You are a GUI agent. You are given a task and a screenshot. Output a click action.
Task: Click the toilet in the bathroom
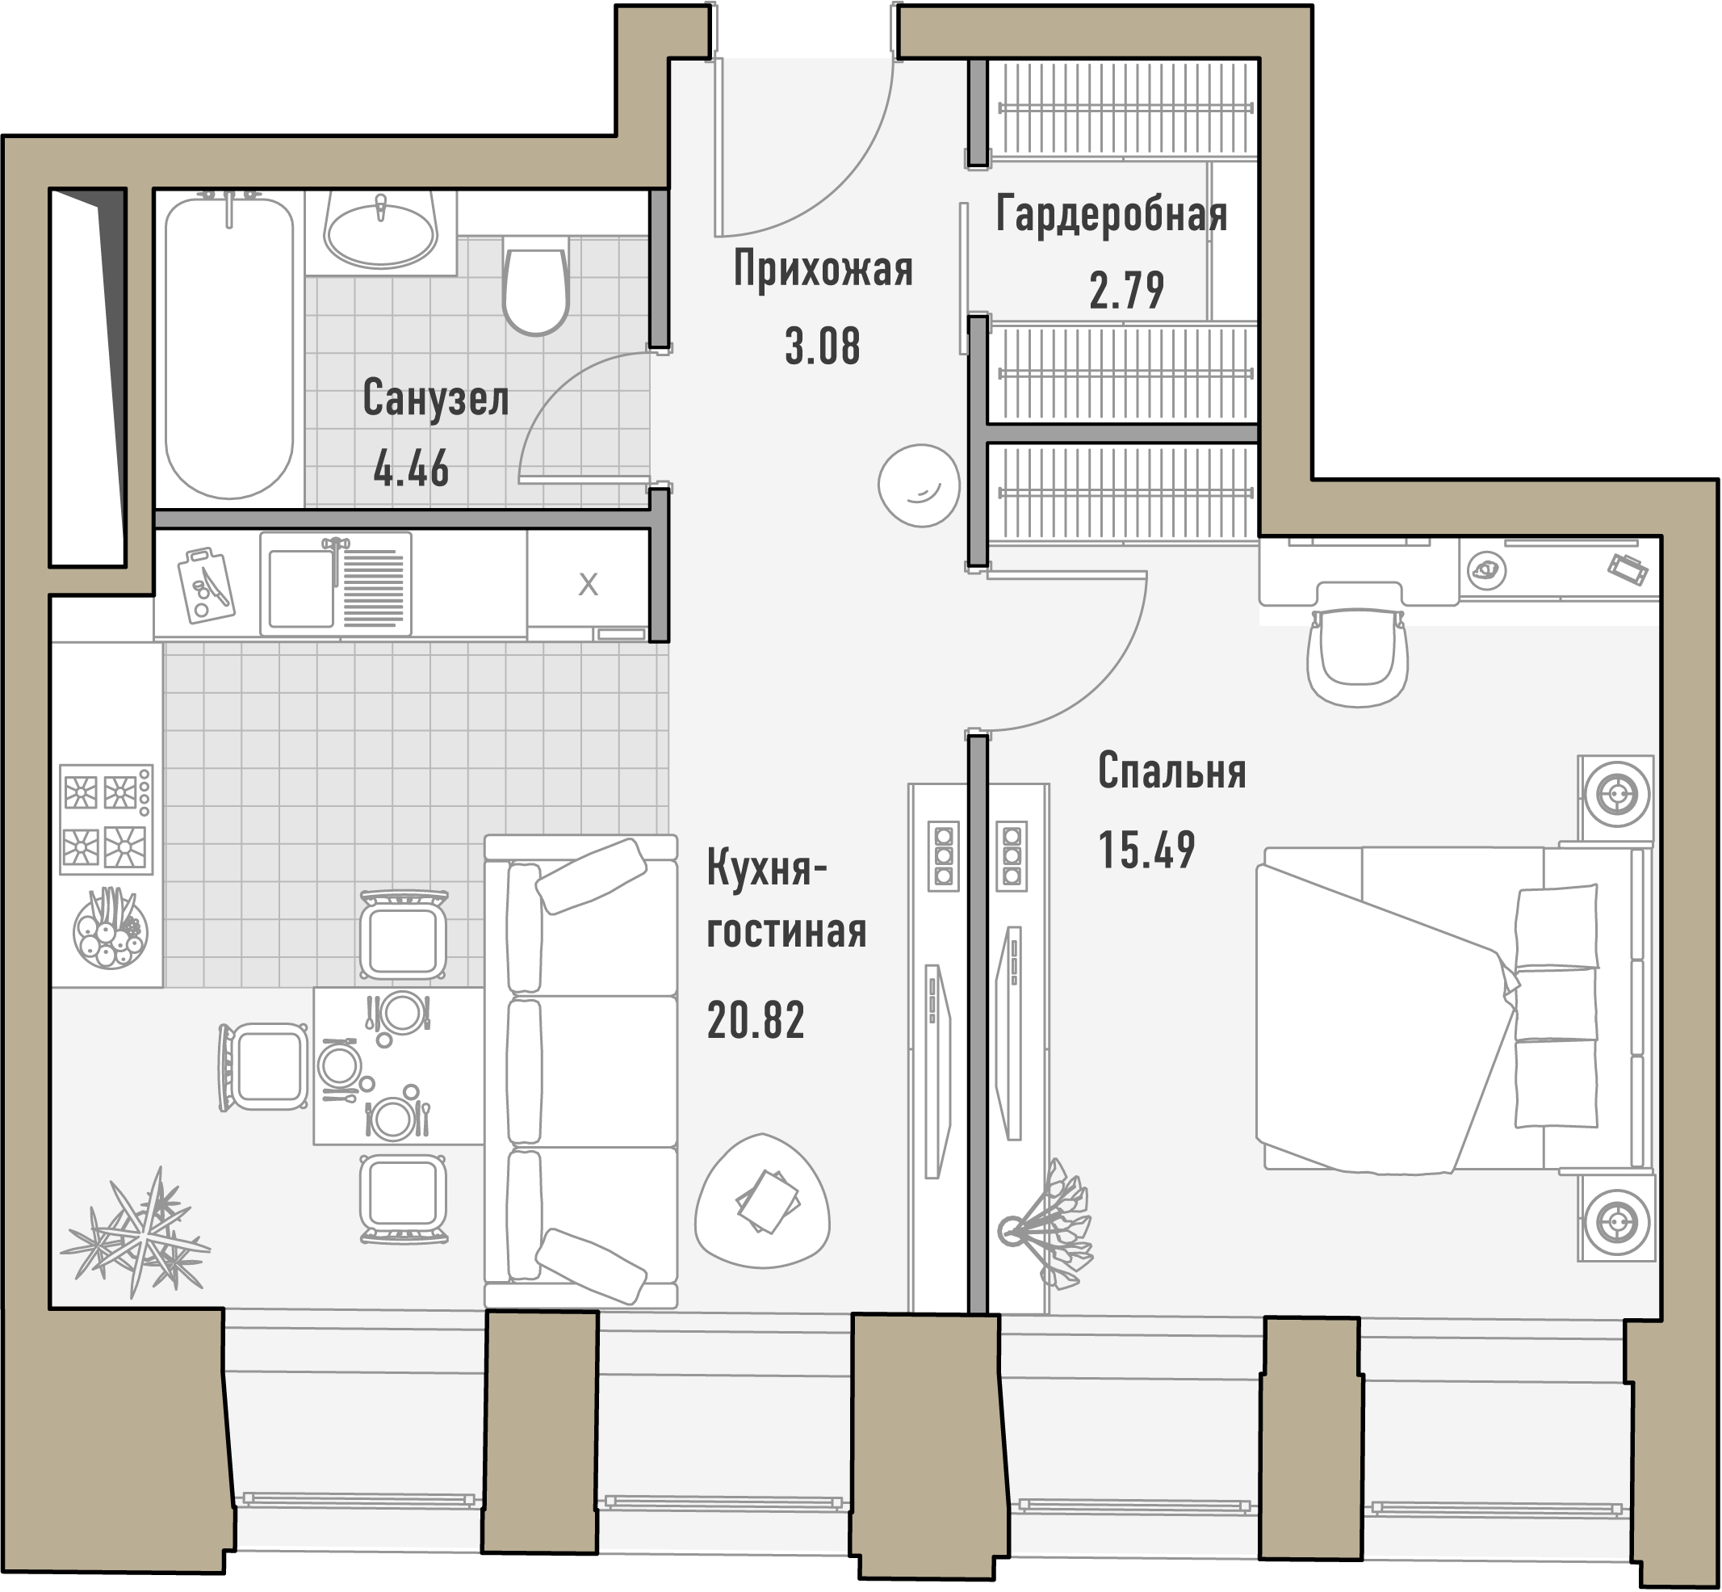click(535, 286)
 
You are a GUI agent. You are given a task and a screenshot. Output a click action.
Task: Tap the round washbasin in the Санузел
click(380, 231)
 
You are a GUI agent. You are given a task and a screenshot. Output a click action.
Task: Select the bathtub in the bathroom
click(229, 347)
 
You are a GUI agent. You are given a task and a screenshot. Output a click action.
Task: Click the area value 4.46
click(412, 469)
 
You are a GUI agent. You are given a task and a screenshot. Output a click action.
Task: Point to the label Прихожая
click(823, 269)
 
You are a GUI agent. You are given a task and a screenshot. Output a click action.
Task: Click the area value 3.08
click(823, 347)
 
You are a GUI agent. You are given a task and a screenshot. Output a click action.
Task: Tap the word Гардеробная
click(1112, 214)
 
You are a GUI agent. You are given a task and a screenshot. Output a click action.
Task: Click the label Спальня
click(1172, 771)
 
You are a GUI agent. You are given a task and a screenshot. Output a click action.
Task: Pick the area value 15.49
click(1147, 850)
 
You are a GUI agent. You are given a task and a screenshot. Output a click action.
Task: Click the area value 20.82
click(756, 1020)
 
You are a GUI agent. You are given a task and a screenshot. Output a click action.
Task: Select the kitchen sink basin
click(300, 588)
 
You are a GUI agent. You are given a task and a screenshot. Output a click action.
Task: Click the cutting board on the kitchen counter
click(206, 584)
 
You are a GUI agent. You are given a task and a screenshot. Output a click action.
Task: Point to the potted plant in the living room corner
click(135, 1233)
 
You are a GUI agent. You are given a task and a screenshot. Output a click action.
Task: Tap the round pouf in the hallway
click(919, 485)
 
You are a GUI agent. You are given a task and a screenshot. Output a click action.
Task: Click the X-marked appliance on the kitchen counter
click(588, 585)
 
